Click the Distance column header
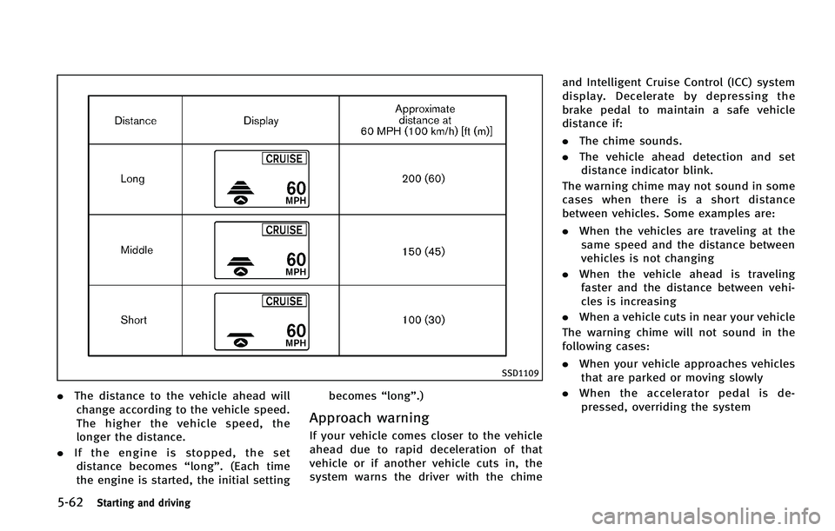coord(136,121)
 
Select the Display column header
coord(261,121)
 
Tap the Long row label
coord(134,178)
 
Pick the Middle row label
coord(137,250)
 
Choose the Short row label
coord(135,320)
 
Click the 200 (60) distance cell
coord(424,178)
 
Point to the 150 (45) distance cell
coord(424,250)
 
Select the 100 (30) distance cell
coord(424,320)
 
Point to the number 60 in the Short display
coord(295,329)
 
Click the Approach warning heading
coord(369,418)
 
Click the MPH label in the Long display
coord(295,199)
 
